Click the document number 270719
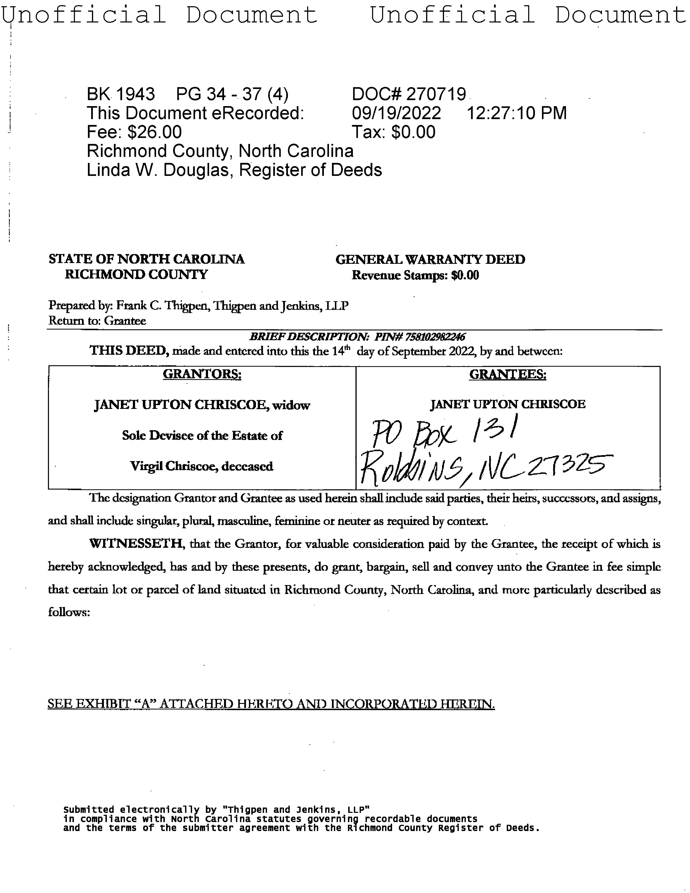pos(436,94)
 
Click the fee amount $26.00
pos(155,132)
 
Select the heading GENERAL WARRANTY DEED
pos(430,260)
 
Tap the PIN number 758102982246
pos(435,337)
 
